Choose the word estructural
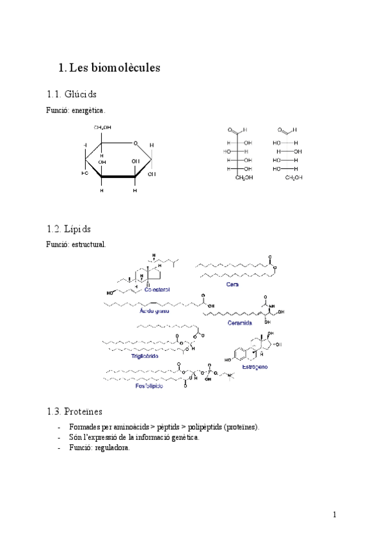point(90,245)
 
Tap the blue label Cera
point(232,284)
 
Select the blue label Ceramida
point(240,323)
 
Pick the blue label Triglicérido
point(145,356)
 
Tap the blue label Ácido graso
point(157,311)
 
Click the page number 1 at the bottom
point(334,514)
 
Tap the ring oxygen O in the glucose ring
point(136,143)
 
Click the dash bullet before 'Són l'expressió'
point(59,437)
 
